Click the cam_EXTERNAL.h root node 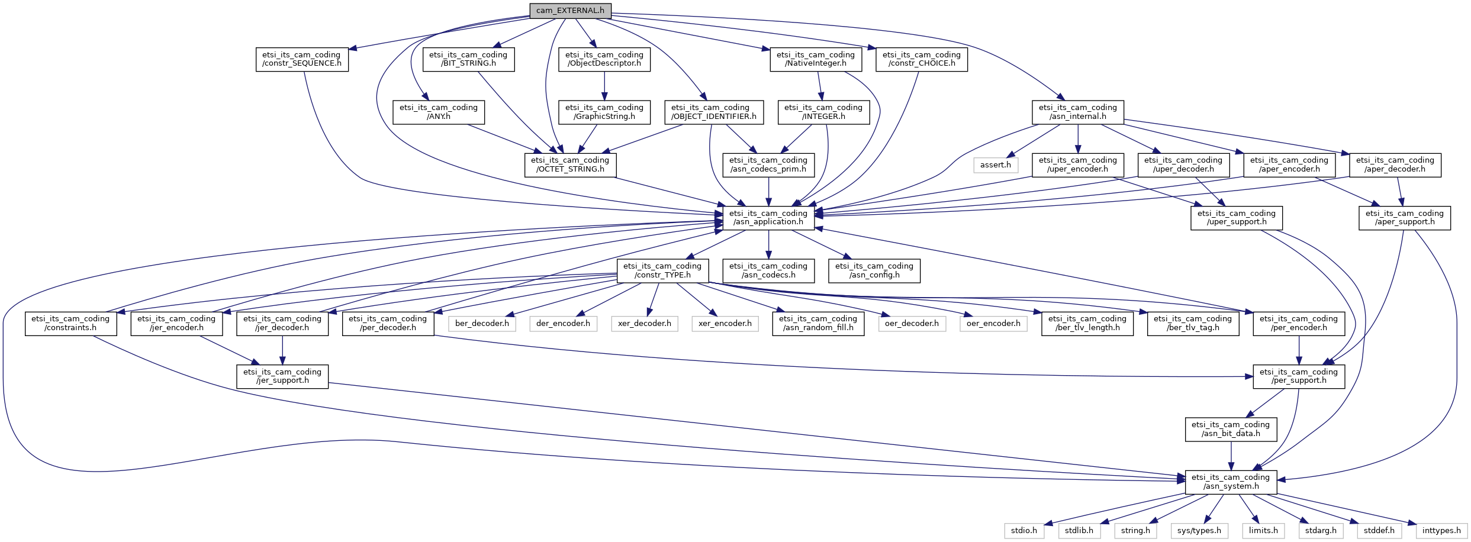(x=570, y=11)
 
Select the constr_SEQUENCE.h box (x=302, y=59)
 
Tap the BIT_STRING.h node (x=468, y=59)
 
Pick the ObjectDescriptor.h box (x=604, y=59)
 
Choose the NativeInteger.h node (x=816, y=59)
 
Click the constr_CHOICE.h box (x=922, y=59)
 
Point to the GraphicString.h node (x=604, y=112)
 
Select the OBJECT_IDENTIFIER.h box (x=714, y=112)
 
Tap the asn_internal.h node (x=1078, y=112)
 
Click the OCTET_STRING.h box (x=570, y=164)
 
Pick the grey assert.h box (x=996, y=164)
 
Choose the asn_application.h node (x=768, y=218)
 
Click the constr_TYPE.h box (x=662, y=270)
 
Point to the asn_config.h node (x=874, y=270)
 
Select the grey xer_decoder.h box (x=645, y=324)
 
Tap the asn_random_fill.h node (x=818, y=324)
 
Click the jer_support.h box (x=282, y=376)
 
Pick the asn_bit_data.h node (x=1231, y=429)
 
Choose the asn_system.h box (x=1231, y=482)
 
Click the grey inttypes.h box (x=1441, y=531)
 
